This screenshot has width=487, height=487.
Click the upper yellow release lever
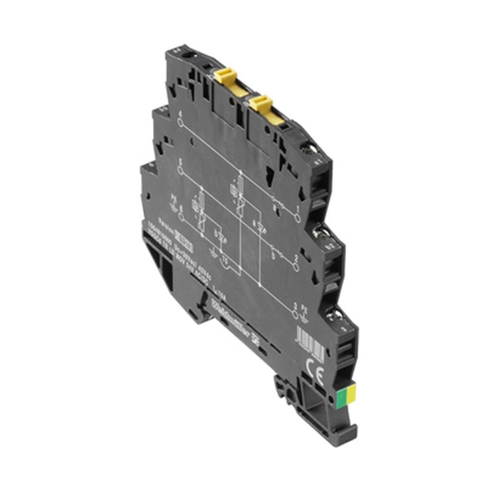[x=226, y=75]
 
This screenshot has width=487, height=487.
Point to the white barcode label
[x=310, y=344]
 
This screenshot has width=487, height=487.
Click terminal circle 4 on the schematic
[x=181, y=122]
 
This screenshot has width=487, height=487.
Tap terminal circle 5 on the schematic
[x=181, y=170]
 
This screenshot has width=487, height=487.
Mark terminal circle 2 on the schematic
[x=295, y=267]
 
